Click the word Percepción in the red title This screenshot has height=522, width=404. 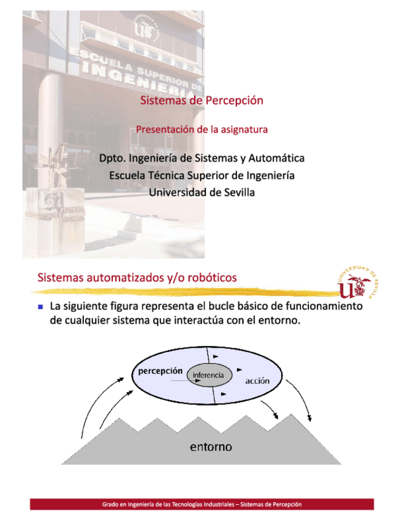[234, 100]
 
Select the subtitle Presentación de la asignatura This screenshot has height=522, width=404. [202, 130]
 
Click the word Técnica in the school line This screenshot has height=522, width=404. [163, 175]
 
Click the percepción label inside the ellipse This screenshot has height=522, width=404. [160, 371]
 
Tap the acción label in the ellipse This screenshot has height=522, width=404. [257, 381]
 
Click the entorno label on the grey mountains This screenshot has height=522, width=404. [211, 446]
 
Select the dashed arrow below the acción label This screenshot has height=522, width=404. [270, 406]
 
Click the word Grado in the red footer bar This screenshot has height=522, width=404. [112, 504]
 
